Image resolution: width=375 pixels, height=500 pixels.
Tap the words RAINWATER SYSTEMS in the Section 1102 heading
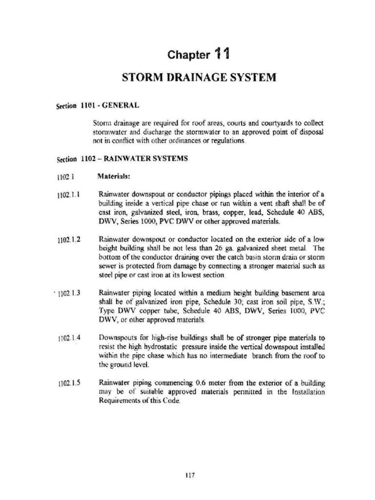click(144, 159)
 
